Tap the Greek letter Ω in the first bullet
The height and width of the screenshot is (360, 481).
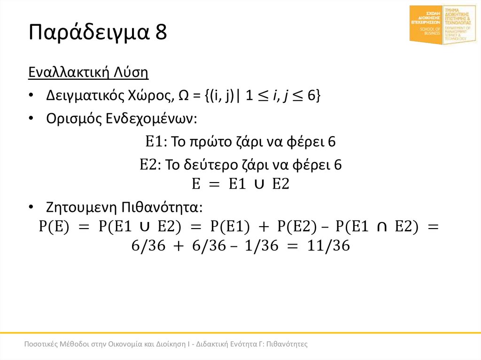[x=184, y=95]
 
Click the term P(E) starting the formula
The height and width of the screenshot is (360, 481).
[x=54, y=227]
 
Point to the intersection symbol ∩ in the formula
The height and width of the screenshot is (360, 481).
[x=382, y=227]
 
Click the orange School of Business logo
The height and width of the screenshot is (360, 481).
[x=426, y=24]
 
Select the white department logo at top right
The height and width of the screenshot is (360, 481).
[x=460, y=24]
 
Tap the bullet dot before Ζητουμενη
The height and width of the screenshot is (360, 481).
[x=31, y=207]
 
